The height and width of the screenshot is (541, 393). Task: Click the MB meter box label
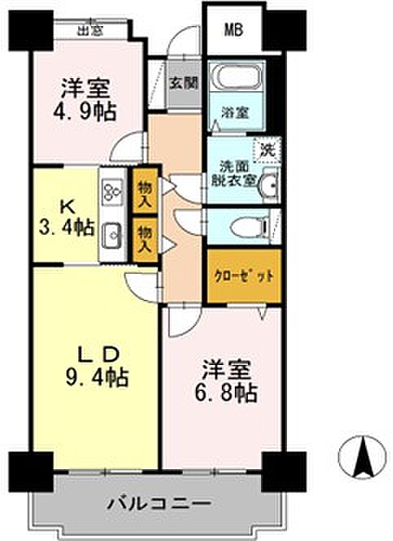pyautogui.click(x=234, y=29)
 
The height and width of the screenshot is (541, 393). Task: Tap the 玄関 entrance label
pyautogui.click(x=183, y=83)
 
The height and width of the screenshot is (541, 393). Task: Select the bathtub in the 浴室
pyautogui.click(x=236, y=77)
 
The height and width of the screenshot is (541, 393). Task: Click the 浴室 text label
pyautogui.click(x=235, y=112)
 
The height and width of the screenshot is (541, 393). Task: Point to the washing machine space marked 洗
pyautogui.click(x=267, y=150)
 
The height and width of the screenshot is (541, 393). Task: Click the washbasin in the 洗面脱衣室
pyautogui.click(x=271, y=185)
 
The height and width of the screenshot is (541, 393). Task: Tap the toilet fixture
pyautogui.click(x=250, y=227)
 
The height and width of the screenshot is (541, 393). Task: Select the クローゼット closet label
pyautogui.click(x=244, y=276)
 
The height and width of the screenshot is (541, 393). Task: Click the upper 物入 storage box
pyautogui.click(x=145, y=191)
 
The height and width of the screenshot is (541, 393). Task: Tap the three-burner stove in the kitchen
pyautogui.click(x=113, y=191)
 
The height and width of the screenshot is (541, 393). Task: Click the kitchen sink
pyautogui.click(x=112, y=235)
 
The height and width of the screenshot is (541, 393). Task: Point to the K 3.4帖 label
pyautogui.click(x=66, y=218)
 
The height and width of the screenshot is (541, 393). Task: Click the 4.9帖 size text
pyautogui.click(x=84, y=112)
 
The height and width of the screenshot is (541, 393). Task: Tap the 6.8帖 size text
pyautogui.click(x=226, y=392)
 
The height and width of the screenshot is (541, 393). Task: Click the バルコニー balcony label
pyautogui.click(x=159, y=504)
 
